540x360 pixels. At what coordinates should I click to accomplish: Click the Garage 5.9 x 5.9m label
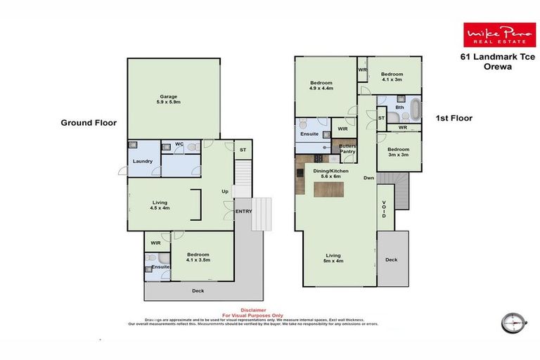pyautogui.click(x=168, y=99)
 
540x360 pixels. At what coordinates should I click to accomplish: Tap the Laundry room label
pyautogui.click(x=143, y=161)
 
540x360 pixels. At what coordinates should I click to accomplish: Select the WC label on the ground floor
pyautogui.click(x=180, y=145)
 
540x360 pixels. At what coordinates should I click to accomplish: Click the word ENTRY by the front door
pyautogui.click(x=243, y=211)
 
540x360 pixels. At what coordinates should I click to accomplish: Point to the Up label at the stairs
pyautogui.click(x=225, y=191)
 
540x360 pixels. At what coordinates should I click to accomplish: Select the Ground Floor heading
pyautogui.click(x=88, y=122)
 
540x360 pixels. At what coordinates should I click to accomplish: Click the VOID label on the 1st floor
pyautogui.click(x=384, y=210)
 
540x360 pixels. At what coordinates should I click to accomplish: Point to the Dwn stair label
pyautogui.click(x=368, y=178)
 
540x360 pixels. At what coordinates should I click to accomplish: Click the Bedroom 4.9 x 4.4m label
pyautogui.click(x=321, y=86)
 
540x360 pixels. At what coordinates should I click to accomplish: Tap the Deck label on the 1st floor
pyautogui.click(x=391, y=259)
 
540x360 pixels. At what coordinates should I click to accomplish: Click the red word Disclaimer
pyautogui.click(x=252, y=309)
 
